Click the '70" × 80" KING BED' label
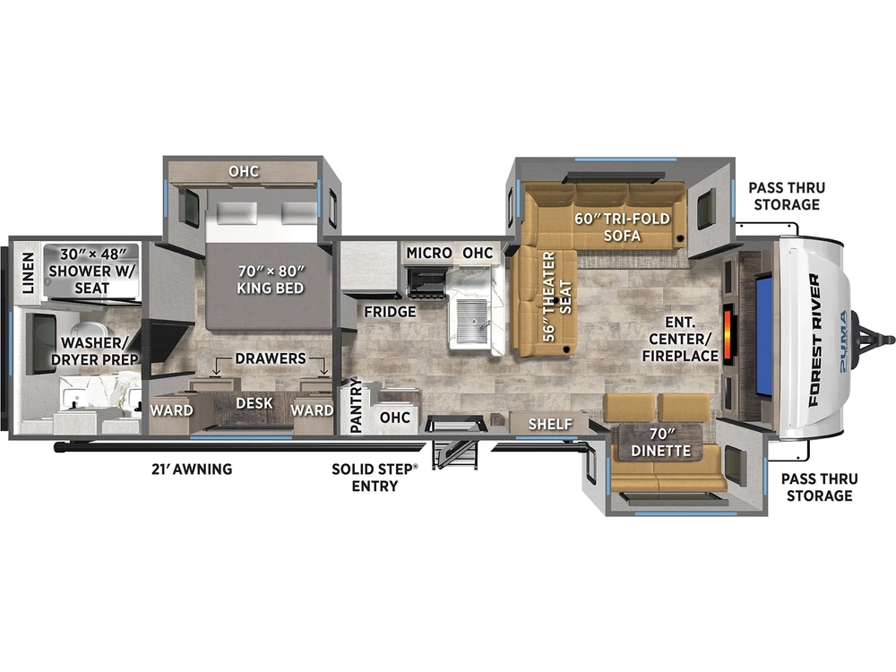coord(271,280)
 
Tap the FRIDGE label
coord(391,312)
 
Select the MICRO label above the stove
coord(429,253)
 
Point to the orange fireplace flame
coord(728,334)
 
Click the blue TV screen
coord(766,335)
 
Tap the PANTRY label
coord(356,405)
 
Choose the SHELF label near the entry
coord(550,424)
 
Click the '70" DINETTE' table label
coord(661,443)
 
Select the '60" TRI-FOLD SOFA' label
coord(623,227)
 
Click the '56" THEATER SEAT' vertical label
coord(557,297)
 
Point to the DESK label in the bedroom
coord(254,403)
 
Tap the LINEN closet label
coord(28,273)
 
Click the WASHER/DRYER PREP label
coord(95,351)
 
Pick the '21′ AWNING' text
coord(192,470)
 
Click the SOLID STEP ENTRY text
coord(375,478)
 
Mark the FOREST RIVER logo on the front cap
coord(814,340)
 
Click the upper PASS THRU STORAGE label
coord(787,196)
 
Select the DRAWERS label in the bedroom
coord(271,358)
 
